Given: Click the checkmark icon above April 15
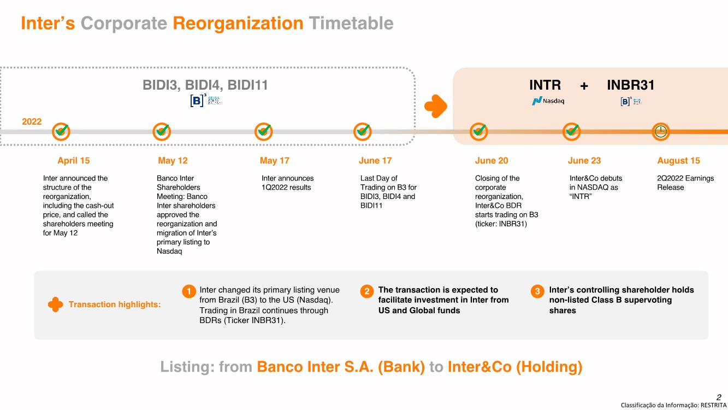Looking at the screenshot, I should point(61,131).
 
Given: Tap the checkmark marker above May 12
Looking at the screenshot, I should point(162,131).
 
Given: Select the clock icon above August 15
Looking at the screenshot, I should point(661,131).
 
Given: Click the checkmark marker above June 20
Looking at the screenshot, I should point(479,131).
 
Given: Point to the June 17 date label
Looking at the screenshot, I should point(375,161).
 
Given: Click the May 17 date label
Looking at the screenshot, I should point(275,161).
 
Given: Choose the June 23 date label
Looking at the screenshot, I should point(584,161).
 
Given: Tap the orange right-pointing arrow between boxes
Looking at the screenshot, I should point(436,106).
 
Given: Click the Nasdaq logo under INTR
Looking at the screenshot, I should point(548,101).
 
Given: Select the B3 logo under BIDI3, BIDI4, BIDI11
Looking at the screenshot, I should point(205,101).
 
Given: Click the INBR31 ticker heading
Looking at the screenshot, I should point(631,85).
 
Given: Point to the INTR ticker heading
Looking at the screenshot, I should point(545,85).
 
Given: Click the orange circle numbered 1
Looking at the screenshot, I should point(188,291).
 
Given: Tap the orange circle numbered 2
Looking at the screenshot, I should point(366,291).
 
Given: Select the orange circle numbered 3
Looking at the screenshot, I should point(537,291).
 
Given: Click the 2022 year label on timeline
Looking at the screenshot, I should point(32,121).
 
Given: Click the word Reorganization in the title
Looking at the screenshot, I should point(238,23).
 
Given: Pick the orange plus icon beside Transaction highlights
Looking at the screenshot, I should point(55,304).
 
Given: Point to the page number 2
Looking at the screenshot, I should point(719,397).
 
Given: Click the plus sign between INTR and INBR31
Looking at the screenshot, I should point(584,86).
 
